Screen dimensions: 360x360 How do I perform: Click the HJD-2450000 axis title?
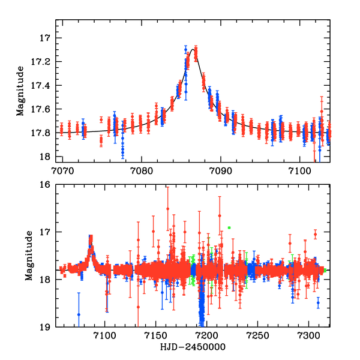(x=192, y=347)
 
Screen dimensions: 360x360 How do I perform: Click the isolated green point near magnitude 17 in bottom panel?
(x=229, y=228)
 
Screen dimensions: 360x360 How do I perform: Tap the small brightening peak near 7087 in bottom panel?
(x=91, y=239)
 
